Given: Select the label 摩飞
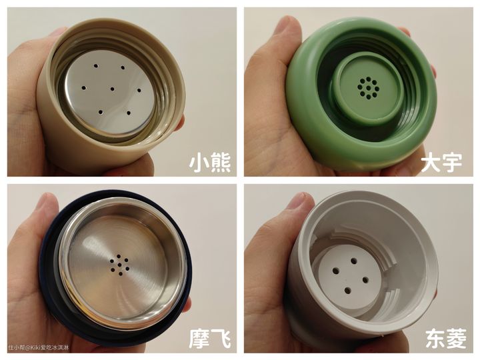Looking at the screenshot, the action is [x=210, y=338].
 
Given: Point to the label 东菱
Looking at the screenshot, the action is [x=446, y=338].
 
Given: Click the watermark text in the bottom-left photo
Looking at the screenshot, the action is [x=39, y=347].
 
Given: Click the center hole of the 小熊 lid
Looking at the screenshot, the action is [x=113, y=89].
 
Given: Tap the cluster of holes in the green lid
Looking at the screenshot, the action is [x=368, y=88].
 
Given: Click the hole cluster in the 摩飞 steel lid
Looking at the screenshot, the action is [x=119, y=264].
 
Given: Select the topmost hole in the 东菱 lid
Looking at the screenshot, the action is [x=354, y=261].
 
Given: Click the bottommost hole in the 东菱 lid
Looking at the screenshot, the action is [x=347, y=290].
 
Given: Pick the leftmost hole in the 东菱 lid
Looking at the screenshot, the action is [x=336, y=271].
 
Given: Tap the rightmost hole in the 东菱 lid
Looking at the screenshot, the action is [x=365, y=279].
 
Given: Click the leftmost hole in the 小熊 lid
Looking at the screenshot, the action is [x=83, y=88].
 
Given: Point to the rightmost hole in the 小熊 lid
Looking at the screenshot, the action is [x=139, y=90].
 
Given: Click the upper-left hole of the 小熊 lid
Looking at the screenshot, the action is [x=96, y=65].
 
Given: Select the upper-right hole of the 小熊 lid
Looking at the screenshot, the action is [x=123, y=67].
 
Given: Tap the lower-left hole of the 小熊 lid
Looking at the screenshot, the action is [x=101, y=112].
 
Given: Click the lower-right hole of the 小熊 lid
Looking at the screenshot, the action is [x=129, y=113].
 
